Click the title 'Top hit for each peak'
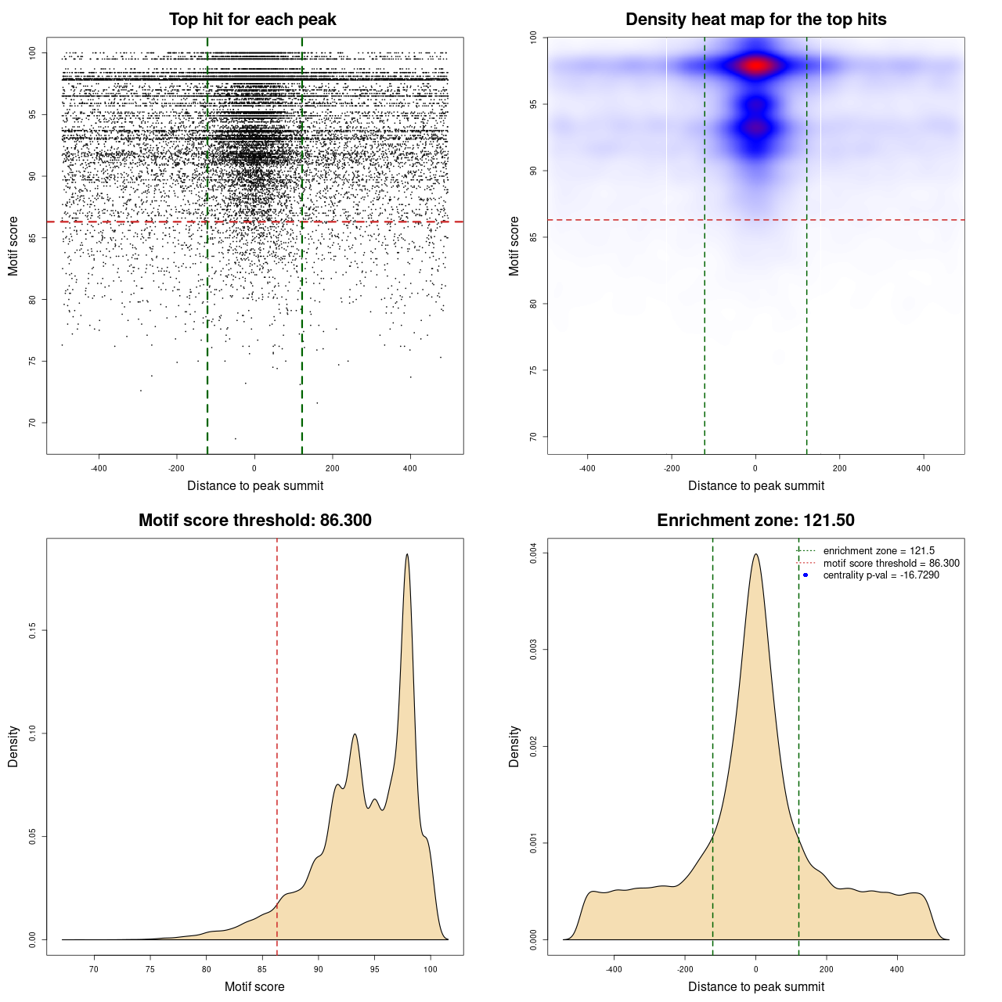[x=252, y=20]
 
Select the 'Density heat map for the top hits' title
[x=755, y=20]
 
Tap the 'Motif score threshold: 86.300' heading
[x=254, y=521]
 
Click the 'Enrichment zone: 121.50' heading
[x=755, y=521]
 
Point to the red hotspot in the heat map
[x=755, y=66]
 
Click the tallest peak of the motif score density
[x=407, y=555]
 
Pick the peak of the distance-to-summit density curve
[x=755, y=555]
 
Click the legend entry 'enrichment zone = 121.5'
[x=878, y=551]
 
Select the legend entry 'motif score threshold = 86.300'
[x=891, y=564]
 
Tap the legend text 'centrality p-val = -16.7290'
[x=881, y=575]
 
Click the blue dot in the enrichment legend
[x=806, y=575]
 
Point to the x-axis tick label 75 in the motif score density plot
[x=150, y=969]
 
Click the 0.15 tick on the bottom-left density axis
[x=32, y=630]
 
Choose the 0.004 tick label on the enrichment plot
[x=533, y=553]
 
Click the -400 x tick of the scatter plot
[x=99, y=468]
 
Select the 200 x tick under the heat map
[x=839, y=468]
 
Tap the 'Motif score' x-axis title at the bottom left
[x=254, y=986]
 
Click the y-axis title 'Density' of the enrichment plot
[x=514, y=746]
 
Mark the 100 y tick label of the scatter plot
[x=32, y=53]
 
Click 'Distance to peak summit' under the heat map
[x=755, y=486]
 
